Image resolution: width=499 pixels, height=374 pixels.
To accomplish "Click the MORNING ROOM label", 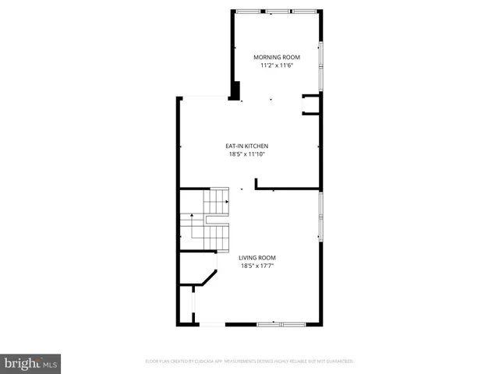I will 277,57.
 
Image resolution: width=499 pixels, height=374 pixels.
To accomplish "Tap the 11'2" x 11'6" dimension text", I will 277,65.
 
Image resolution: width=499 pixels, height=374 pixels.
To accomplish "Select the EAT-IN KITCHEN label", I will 247,146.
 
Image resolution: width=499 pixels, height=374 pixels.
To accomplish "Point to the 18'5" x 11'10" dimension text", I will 247,154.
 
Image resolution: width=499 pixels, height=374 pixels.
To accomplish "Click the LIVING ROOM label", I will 257,258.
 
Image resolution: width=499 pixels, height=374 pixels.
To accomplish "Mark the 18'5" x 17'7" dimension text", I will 257,266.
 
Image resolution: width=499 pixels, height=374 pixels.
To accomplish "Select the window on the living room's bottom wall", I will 281,323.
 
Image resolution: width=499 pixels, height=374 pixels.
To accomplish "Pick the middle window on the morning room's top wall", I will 278,11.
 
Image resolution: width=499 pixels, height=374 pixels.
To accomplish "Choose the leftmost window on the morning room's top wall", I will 250,11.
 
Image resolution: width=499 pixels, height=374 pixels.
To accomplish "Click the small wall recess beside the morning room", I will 311,104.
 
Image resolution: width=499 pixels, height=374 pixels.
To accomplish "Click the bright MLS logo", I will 30,363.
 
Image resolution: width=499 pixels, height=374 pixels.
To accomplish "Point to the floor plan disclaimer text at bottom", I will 249,362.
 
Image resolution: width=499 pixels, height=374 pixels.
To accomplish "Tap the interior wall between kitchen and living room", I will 287,188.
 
